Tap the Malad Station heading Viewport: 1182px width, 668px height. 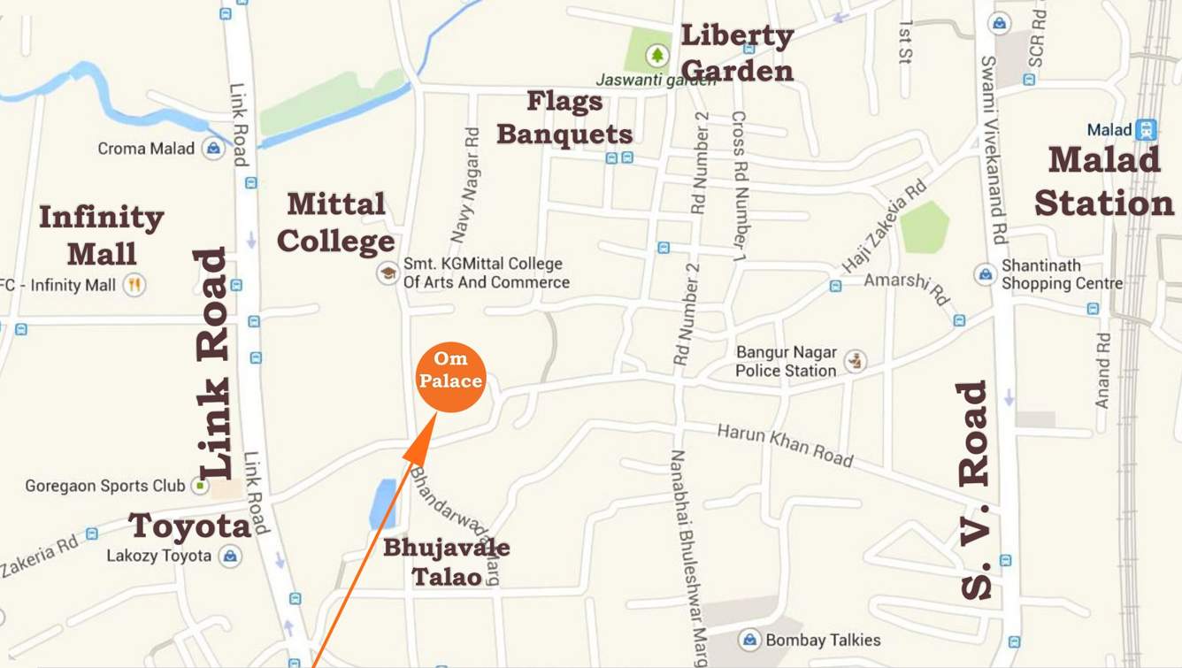[x=1104, y=182]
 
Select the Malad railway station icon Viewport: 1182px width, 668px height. [x=1147, y=129]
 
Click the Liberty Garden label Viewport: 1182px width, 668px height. [x=738, y=53]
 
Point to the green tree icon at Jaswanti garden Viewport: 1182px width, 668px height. [x=656, y=56]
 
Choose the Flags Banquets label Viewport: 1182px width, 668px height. [x=564, y=118]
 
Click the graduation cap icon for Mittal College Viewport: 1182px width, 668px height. [x=387, y=273]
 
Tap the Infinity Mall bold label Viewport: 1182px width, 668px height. [x=102, y=235]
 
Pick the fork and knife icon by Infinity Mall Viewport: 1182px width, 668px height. [x=134, y=285]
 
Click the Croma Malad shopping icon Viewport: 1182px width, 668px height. [x=213, y=148]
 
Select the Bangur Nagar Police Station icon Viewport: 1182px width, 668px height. [x=855, y=361]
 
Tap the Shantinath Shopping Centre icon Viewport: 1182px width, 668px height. [x=986, y=274]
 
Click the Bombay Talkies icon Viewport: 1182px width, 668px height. [x=749, y=640]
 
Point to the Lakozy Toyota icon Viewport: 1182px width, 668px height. [x=230, y=556]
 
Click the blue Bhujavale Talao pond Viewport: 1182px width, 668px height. [x=384, y=503]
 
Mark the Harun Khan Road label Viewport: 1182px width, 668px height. [x=785, y=445]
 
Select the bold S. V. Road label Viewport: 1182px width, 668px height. [x=975, y=491]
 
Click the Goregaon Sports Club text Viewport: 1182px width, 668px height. [x=104, y=486]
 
